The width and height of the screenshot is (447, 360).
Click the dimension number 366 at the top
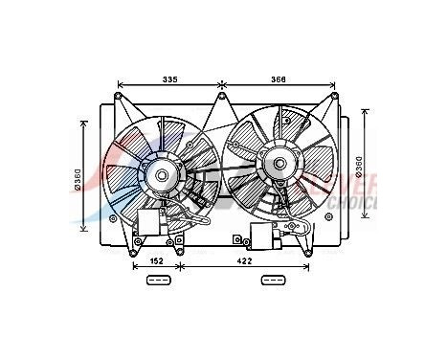pos(278,79)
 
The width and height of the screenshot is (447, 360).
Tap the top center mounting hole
pos(221,95)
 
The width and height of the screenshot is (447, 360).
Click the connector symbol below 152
pos(158,281)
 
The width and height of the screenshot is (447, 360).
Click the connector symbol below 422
pos(273,281)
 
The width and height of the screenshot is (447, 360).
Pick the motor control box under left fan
pos(150,222)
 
